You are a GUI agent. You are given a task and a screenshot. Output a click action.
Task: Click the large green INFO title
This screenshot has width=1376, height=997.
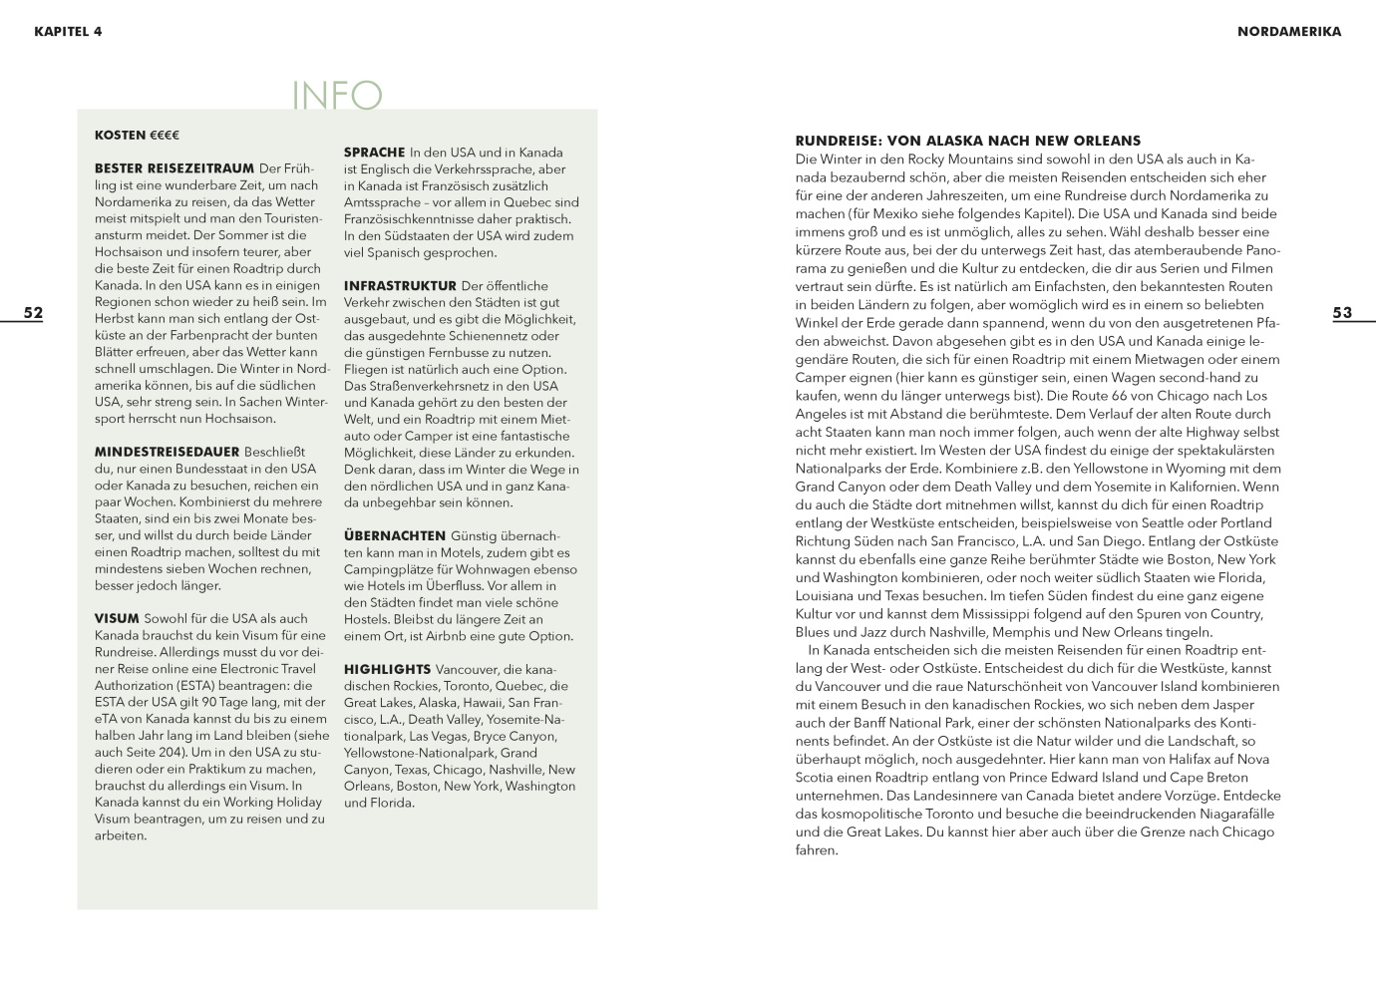pyautogui.click(x=337, y=96)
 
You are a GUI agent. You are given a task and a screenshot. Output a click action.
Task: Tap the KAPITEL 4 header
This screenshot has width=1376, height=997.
pyautogui.click(x=68, y=31)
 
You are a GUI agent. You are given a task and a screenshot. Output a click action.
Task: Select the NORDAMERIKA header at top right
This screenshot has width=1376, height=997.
pyautogui.click(x=1288, y=31)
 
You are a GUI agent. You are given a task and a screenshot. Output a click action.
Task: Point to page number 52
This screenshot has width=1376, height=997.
pyautogui.click(x=34, y=313)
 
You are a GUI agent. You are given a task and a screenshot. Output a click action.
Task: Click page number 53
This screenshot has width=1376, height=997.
pyautogui.click(x=1342, y=313)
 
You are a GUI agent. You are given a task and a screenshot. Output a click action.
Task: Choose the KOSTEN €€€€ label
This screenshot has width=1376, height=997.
pyautogui.click(x=137, y=135)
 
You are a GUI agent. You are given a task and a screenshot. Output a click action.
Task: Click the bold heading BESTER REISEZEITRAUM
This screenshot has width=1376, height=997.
pyautogui.click(x=174, y=168)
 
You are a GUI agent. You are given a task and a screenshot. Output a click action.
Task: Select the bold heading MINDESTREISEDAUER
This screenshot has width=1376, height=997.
pyautogui.click(x=167, y=452)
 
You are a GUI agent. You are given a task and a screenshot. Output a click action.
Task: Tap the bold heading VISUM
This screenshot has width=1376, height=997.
pyautogui.click(x=117, y=618)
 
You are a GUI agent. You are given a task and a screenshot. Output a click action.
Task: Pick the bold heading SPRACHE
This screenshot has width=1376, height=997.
pyautogui.click(x=374, y=153)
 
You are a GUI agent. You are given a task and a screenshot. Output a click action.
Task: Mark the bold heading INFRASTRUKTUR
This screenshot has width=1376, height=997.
pyautogui.click(x=400, y=286)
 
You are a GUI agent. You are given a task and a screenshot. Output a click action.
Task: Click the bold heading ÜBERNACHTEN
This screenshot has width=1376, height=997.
pyautogui.click(x=395, y=535)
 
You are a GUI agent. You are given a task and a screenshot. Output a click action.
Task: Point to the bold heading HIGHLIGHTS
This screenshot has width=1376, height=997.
pyautogui.click(x=387, y=669)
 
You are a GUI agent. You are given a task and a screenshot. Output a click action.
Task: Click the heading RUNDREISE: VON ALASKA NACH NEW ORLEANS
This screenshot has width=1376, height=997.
pyautogui.click(x=967, y=141)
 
